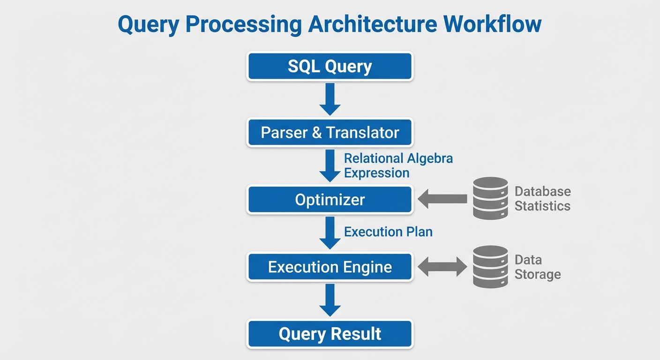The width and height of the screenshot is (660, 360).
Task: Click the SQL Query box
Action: click(330, 67)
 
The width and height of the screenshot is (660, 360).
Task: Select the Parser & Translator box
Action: click(330, 133)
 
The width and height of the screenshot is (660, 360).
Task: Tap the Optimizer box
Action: click(330, 200)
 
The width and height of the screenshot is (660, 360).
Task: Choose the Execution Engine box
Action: click(330, 267)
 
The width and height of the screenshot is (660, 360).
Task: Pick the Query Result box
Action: click(330, 334)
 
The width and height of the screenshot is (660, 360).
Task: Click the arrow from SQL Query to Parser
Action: click(330, 99)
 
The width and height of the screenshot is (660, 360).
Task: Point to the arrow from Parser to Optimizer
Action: click(330, 165)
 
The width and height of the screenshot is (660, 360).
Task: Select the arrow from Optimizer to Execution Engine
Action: click(330, 232)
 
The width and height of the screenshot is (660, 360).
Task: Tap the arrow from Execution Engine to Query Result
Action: click(330, 300)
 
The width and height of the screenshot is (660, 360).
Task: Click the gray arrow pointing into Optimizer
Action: click(442, 199)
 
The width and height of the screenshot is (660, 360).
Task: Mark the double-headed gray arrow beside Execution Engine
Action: click(442, 267)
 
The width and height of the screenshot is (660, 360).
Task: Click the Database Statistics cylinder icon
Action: click(490, 198)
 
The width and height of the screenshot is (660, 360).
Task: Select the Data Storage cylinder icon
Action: click(490, 266)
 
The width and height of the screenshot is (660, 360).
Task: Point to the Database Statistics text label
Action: click(542, 198)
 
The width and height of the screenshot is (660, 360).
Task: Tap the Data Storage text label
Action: click(537, 267)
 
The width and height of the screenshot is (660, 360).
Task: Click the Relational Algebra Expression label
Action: click(398, 165)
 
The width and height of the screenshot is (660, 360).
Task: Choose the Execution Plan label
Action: click(388, 232)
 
